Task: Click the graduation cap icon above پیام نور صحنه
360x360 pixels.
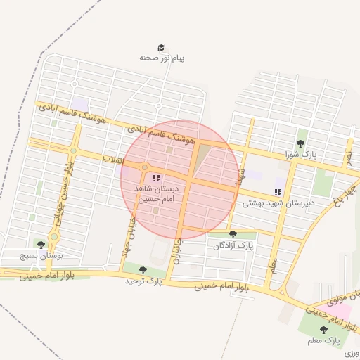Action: coord(162,47)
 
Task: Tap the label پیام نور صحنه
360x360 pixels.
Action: coord(162,58)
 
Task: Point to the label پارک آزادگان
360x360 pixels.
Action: coord(233,246)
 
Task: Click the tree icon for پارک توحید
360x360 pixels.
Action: coord(143,269)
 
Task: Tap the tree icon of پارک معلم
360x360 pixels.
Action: coord(323,330)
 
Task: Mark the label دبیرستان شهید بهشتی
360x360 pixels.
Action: coord(278,202)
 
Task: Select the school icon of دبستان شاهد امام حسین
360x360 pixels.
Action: coord(156,179)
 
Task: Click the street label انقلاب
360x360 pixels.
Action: coord(112,160)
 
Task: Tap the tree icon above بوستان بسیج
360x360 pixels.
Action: coord(41,245)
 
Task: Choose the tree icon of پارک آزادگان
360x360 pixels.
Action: coord(233,234)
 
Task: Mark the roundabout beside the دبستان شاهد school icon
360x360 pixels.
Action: coord(145,167)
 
